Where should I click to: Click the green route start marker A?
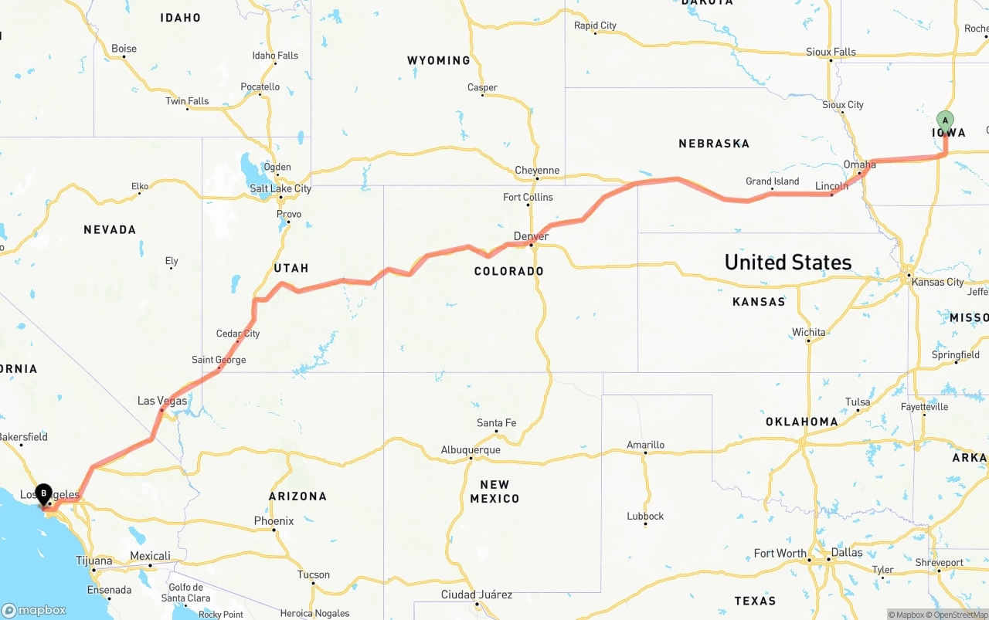tap(945, 121)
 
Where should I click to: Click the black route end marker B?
tap(44, 493)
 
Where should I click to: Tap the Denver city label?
tap(531, 236)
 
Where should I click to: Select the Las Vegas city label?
tap(162, 401)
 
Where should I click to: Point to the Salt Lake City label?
tap(280, 188)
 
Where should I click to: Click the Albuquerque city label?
tap(471, 449)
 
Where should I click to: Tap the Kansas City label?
tap(937, 282)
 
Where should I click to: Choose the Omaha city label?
tap(859, 164)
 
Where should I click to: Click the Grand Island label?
tap(772, 181)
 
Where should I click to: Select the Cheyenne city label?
tap(537, 171)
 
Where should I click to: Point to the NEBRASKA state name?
tap(714, 144)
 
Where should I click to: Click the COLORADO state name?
tap(508, 271)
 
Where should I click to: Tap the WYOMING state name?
tap(438, 60)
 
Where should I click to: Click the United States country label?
tap(787, 263)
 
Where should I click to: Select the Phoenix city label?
tap(274, 521)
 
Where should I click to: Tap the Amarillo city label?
tap(645, 445)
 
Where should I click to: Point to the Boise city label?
tap(124, 49)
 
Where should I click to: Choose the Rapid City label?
tap(595, 25)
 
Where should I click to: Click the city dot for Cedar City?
tap(238, 341)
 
